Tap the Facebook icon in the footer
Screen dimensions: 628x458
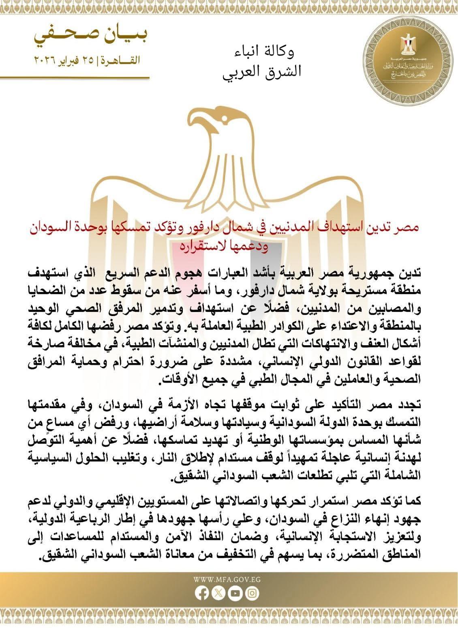(201, 594)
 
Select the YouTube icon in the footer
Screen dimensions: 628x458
(235, 594)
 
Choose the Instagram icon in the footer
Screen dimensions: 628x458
(252, 594)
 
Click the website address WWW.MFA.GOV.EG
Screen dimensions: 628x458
(227, 579)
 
